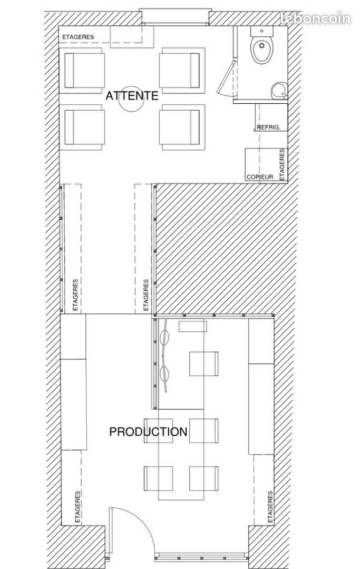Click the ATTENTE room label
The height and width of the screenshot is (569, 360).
point(132,95)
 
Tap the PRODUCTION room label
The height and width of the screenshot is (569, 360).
point(148,431)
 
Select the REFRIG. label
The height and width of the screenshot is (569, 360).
point(268,127)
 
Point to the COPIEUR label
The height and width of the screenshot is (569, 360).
point(260,177)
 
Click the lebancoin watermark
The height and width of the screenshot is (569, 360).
point(316,18)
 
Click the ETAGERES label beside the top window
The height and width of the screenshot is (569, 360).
point(78,37)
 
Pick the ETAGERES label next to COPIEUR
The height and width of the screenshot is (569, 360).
point(282,164)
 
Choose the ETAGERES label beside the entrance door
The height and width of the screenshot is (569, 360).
point(77,507)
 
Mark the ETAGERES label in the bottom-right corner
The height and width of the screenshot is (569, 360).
point(270,507)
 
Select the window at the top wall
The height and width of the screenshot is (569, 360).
point(176,17)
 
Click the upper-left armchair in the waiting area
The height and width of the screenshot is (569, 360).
point(84,71)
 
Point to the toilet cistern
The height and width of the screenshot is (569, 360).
point(261,31)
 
